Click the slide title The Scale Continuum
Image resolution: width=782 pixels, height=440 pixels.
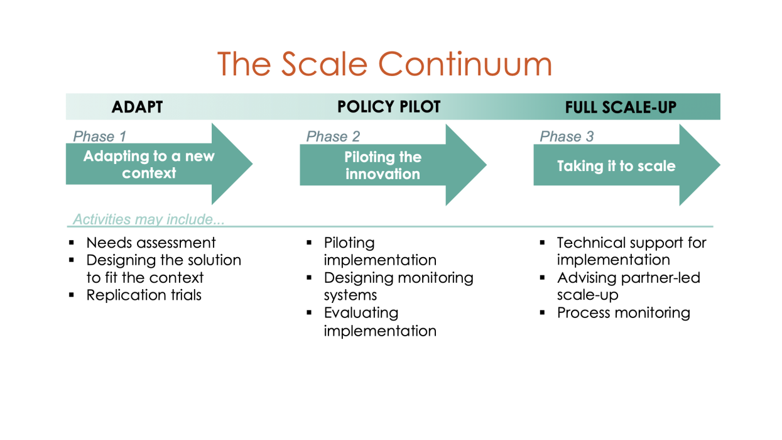(x=384, y=63)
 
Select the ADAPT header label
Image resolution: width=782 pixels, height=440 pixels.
(x=137, y=107)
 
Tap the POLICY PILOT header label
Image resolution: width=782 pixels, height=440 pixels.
(x=389, y=107)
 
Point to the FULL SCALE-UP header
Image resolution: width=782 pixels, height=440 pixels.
(x=620, y=107)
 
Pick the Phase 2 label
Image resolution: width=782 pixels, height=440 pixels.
(x=333, y=136)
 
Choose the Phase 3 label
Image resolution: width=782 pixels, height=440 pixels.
(x=567, y=136)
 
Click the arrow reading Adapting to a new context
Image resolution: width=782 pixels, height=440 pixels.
(x=149, y=165)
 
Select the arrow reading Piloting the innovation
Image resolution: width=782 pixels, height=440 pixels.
(x=383, y=165)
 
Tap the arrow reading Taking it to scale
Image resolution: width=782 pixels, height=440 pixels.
(x=616, y=166)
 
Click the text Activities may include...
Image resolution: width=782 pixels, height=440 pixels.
(x=149, y=219)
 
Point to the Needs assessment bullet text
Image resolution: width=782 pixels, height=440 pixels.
(x=151, y=243)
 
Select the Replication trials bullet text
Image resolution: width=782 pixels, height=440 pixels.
(x=144, y=295)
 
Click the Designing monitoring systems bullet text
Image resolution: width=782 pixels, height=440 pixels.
(x=398, y=286)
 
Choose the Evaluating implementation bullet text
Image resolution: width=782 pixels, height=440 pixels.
(x=379, y=321)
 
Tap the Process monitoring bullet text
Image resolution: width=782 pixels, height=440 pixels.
(x=623, y=312)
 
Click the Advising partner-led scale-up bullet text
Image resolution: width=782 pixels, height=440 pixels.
(x=628, y=286)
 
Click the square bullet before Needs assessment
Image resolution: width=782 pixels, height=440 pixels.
(x=72, y=243)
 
